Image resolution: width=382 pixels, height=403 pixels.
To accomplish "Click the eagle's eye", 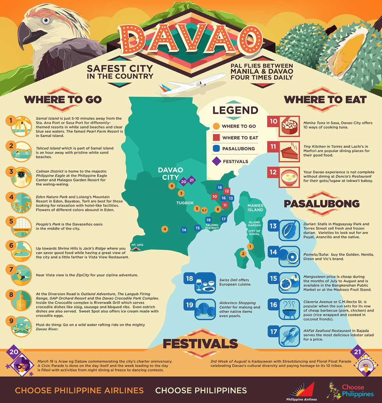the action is click(46, 21).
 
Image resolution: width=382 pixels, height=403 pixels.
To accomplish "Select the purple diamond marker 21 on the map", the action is click(191, 180).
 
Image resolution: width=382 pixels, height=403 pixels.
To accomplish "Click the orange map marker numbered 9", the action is click(172, 186).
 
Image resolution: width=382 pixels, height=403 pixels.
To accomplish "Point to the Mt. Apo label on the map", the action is click(137, 245).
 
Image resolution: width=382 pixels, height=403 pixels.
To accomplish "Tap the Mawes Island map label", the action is click(255, 208).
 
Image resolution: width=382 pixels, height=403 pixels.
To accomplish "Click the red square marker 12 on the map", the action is click(227, 191).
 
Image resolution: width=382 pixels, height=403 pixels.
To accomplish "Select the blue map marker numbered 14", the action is click(184, 230).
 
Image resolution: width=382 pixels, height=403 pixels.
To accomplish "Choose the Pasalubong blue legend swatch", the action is click(216, 148).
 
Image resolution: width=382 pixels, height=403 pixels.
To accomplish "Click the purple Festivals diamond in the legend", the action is click(216, 161).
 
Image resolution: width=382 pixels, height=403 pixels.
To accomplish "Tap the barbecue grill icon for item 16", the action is click(289, 310).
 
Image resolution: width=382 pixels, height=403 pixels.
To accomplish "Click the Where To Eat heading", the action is click(325, 100).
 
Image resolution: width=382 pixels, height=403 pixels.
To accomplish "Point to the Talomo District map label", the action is click(212, 227).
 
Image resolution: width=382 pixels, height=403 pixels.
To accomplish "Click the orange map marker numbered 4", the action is click(165, 229).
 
